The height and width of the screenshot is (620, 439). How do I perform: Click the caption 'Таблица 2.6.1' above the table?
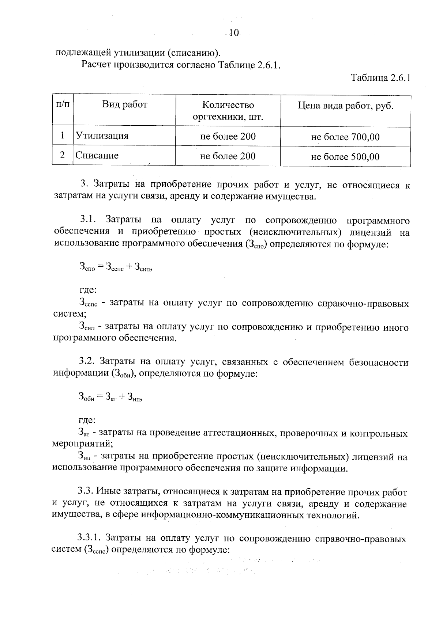point(380,78)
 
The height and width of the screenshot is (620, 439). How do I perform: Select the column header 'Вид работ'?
point(124,105)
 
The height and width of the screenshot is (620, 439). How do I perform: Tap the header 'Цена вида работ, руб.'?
point(345,106)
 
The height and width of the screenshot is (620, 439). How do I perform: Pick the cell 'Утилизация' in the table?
point(102,136)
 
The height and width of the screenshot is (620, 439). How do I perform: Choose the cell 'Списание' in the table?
point(97,156)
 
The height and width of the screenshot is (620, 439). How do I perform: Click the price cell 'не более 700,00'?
point(345,137)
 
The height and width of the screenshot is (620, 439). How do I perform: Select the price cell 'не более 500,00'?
point(345,157)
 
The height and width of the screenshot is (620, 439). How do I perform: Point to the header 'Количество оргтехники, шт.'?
point(228,111)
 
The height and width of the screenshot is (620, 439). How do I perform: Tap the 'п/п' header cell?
point(63,104)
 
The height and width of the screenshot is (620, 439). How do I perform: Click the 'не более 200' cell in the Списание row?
point(228,156)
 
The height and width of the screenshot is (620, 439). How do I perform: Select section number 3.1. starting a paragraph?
point(88,220)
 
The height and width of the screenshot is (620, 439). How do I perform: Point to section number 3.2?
point(87,362)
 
